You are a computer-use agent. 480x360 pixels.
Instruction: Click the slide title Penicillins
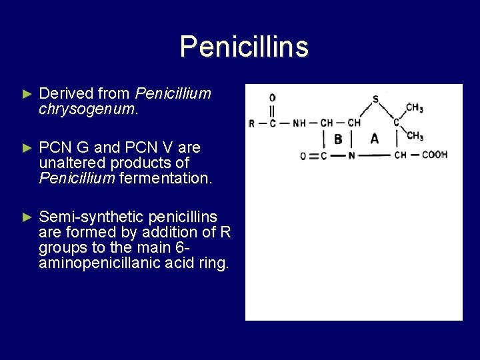tap(244, 47)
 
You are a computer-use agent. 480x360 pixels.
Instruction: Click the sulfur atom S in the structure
tap(375, 99)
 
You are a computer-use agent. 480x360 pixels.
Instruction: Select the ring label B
tap(338, 139)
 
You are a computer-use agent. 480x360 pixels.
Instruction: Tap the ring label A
tap(374, 139)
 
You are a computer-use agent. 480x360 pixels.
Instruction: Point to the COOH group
tap(434, 155)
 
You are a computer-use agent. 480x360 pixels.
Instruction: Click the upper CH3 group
tap(414, 107)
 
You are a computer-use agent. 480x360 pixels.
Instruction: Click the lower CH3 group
tap(414, 137)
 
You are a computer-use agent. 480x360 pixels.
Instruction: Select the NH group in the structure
tap(299, 123)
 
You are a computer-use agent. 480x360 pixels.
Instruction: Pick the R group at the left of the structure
tap(251, 123)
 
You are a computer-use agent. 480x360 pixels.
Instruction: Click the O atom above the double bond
tap(272, 98)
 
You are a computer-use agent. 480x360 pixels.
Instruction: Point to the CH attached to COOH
tap(400, 155)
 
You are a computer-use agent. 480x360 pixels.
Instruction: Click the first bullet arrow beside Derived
tap(27, 95)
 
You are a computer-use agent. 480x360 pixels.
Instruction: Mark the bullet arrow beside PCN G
tap(27, 147)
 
